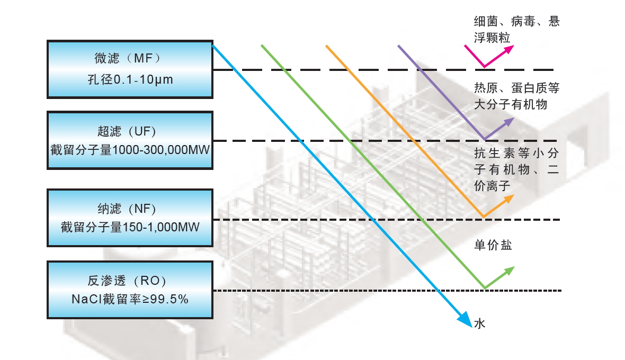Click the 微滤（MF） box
coord(130,69)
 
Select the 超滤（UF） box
coord(130,140)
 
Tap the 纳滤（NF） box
coord(130,218)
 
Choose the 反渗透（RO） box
coord(130,289)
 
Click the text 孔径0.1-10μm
coord(130,80)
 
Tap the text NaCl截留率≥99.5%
coord(130,299)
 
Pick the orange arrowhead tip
coord(511,198)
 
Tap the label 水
coord(479,323)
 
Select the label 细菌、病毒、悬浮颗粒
coord(516,30)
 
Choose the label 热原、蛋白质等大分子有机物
coord(516,96)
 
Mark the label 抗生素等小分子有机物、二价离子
coord(516,169)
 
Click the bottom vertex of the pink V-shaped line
coord(484,67)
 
